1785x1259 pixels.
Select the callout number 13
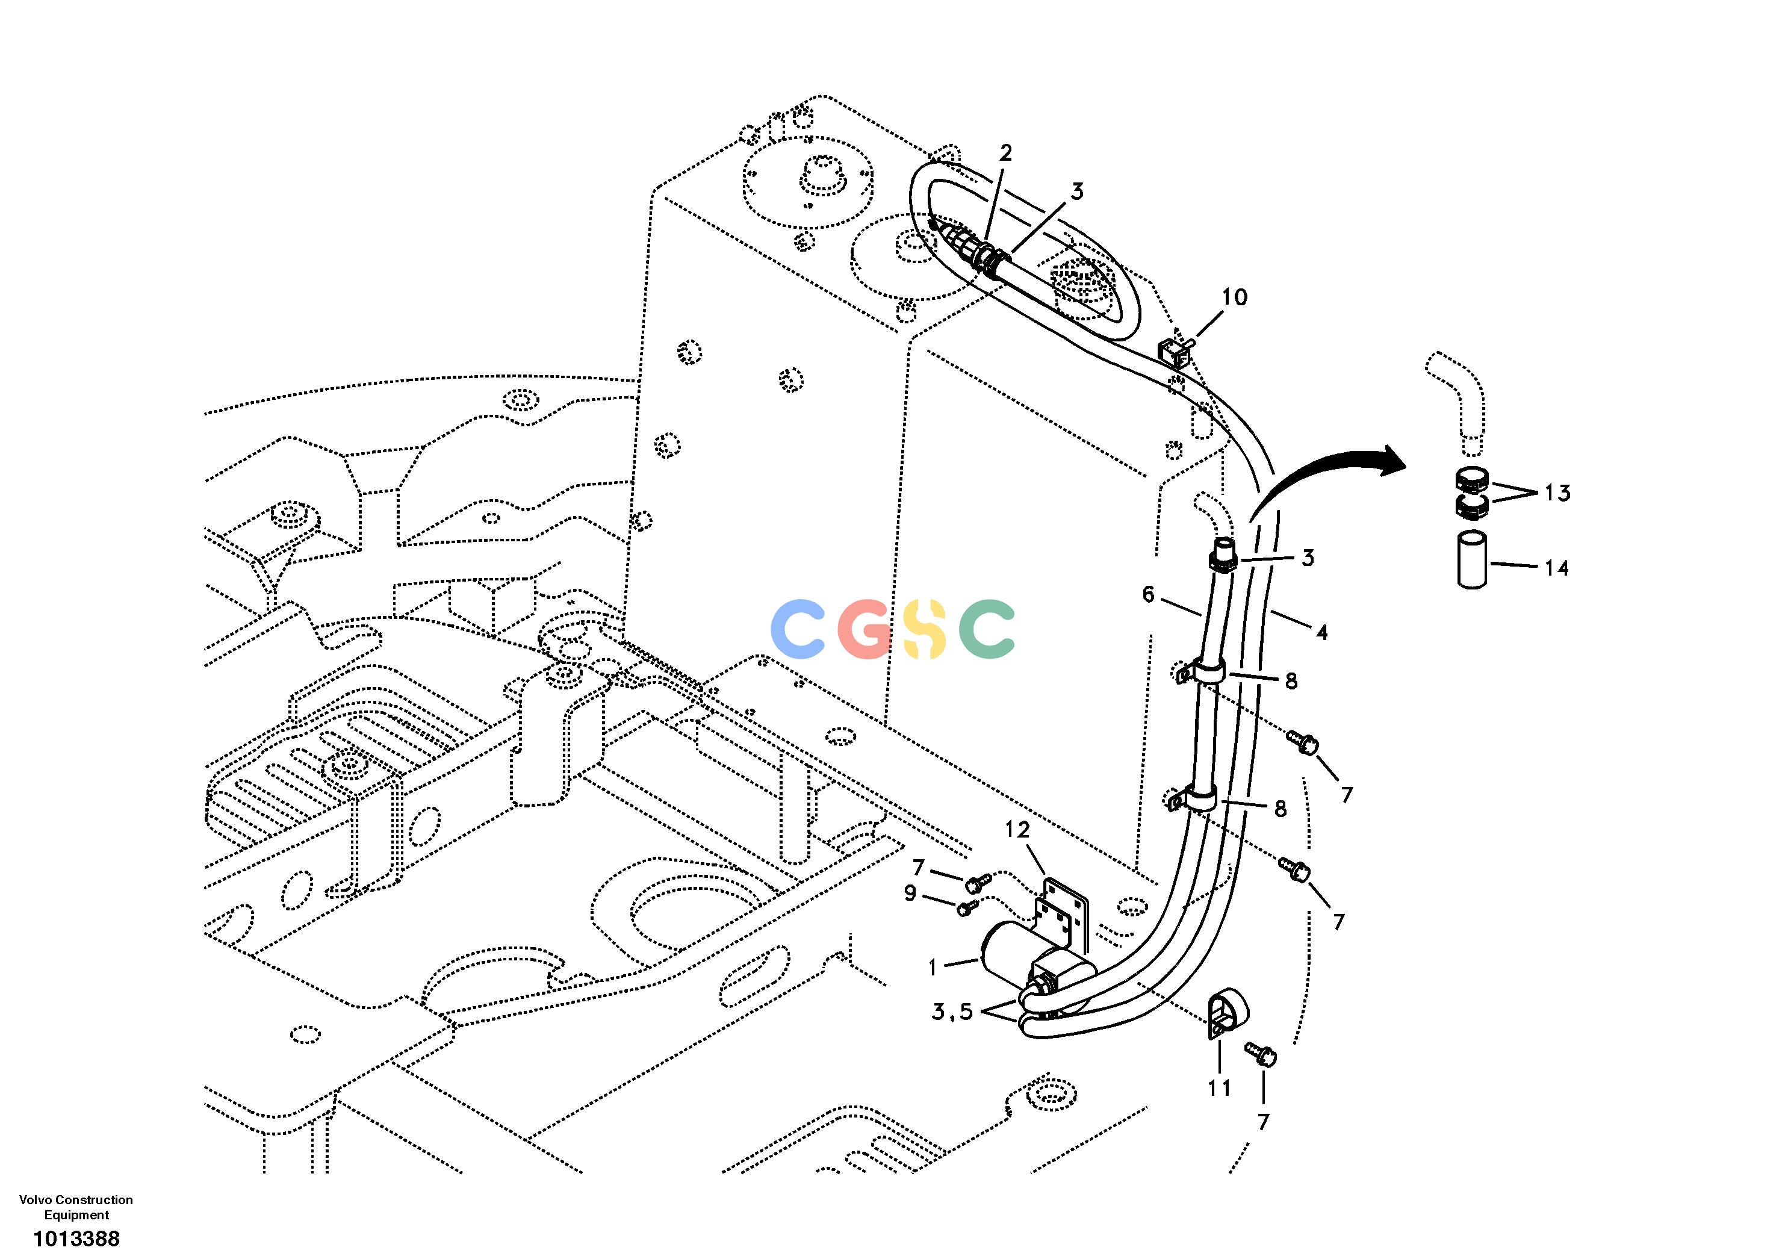point(1557,493)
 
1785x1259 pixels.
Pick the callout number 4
point(1321,632)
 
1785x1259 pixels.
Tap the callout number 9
point(910,894)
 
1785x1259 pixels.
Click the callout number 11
point(1219,1087)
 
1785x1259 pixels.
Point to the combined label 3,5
point(952,1013)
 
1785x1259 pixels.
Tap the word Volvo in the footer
point(35,1200)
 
